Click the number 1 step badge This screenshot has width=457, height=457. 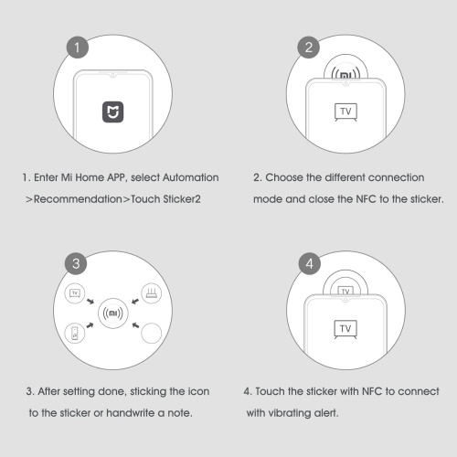pos(78,48)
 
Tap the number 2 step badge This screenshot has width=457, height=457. pos(308,48)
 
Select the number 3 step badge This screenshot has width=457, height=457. pos(76,263)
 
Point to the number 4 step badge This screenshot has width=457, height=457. pos(309,263)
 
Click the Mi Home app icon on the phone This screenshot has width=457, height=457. pos(112,112)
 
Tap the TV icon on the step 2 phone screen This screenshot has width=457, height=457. pos(345,112)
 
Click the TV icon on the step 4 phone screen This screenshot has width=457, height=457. pos(345,329)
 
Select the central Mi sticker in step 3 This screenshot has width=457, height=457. pos(113,314)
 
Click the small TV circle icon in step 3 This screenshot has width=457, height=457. pos(75,293)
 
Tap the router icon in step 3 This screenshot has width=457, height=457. pos(152,293)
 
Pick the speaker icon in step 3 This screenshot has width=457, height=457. pos(75,333)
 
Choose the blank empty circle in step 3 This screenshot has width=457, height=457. pos(152,333)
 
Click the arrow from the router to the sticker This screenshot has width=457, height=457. pos(135,302)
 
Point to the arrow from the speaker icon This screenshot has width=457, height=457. pos(90,325)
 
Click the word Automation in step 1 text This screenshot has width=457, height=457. pos(191,177)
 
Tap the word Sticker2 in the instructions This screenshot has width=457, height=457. pos(182,199)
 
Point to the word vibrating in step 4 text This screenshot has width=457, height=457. pos(290,413)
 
